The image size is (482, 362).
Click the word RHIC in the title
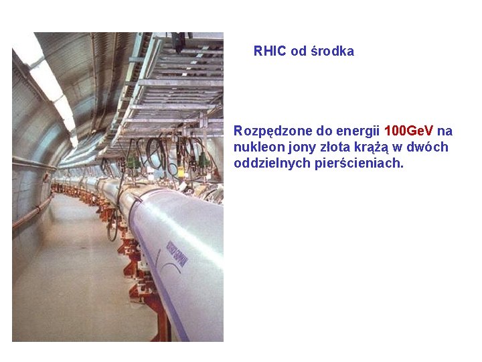[270, 51]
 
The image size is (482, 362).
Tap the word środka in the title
[332, 51]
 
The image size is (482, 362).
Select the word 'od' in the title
[299, 51]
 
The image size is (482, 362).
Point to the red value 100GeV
[409, 130]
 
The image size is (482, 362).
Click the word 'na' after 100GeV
[445, 131]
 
